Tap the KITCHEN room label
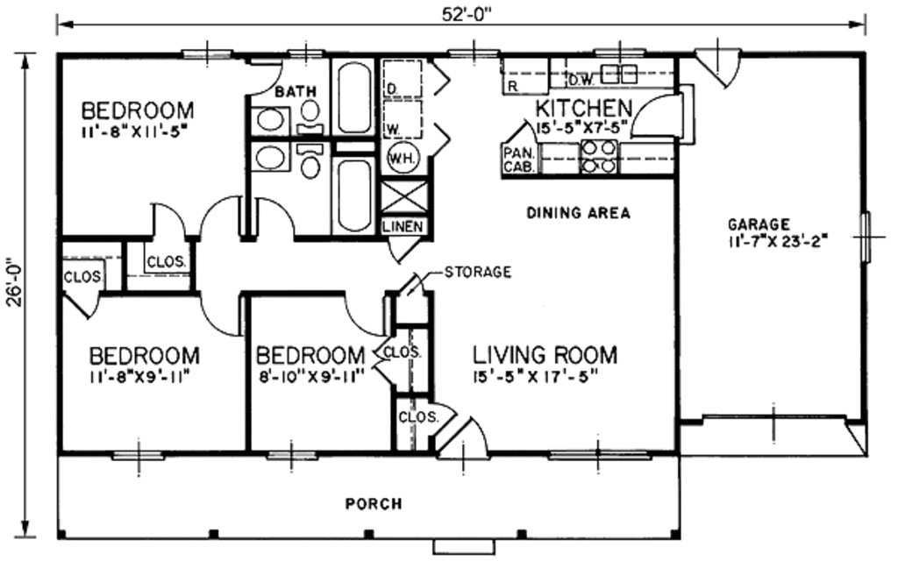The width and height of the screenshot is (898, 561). click(x=583, y=109)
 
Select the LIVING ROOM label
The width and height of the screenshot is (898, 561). click(x=545, y=355)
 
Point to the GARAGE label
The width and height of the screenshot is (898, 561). click(x=759, y=224)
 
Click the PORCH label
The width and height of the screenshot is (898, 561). click(x=374, y=504)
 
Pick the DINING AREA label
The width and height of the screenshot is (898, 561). click(x=578, y=212)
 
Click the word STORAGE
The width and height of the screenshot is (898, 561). click(x=477, y=272)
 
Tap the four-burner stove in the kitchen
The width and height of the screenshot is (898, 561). click(x=600, y=156)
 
